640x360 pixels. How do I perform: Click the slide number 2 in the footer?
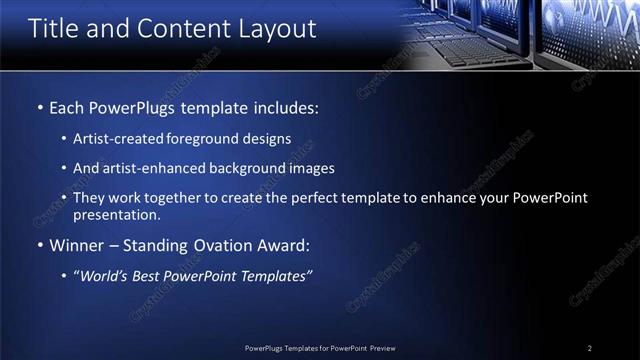point(590,348)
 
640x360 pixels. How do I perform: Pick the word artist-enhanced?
point(147,168)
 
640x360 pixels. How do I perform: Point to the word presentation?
point(116,215)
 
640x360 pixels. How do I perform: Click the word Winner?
point(76,246)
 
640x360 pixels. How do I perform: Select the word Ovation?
point(216,246)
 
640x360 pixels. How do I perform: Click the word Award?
point(283,246)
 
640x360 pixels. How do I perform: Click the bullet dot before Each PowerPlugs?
point(39,106)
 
